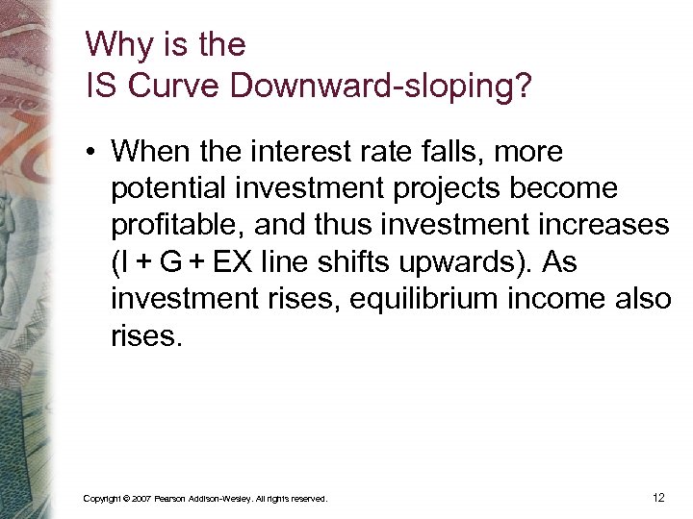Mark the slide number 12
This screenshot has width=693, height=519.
click(658, 498)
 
